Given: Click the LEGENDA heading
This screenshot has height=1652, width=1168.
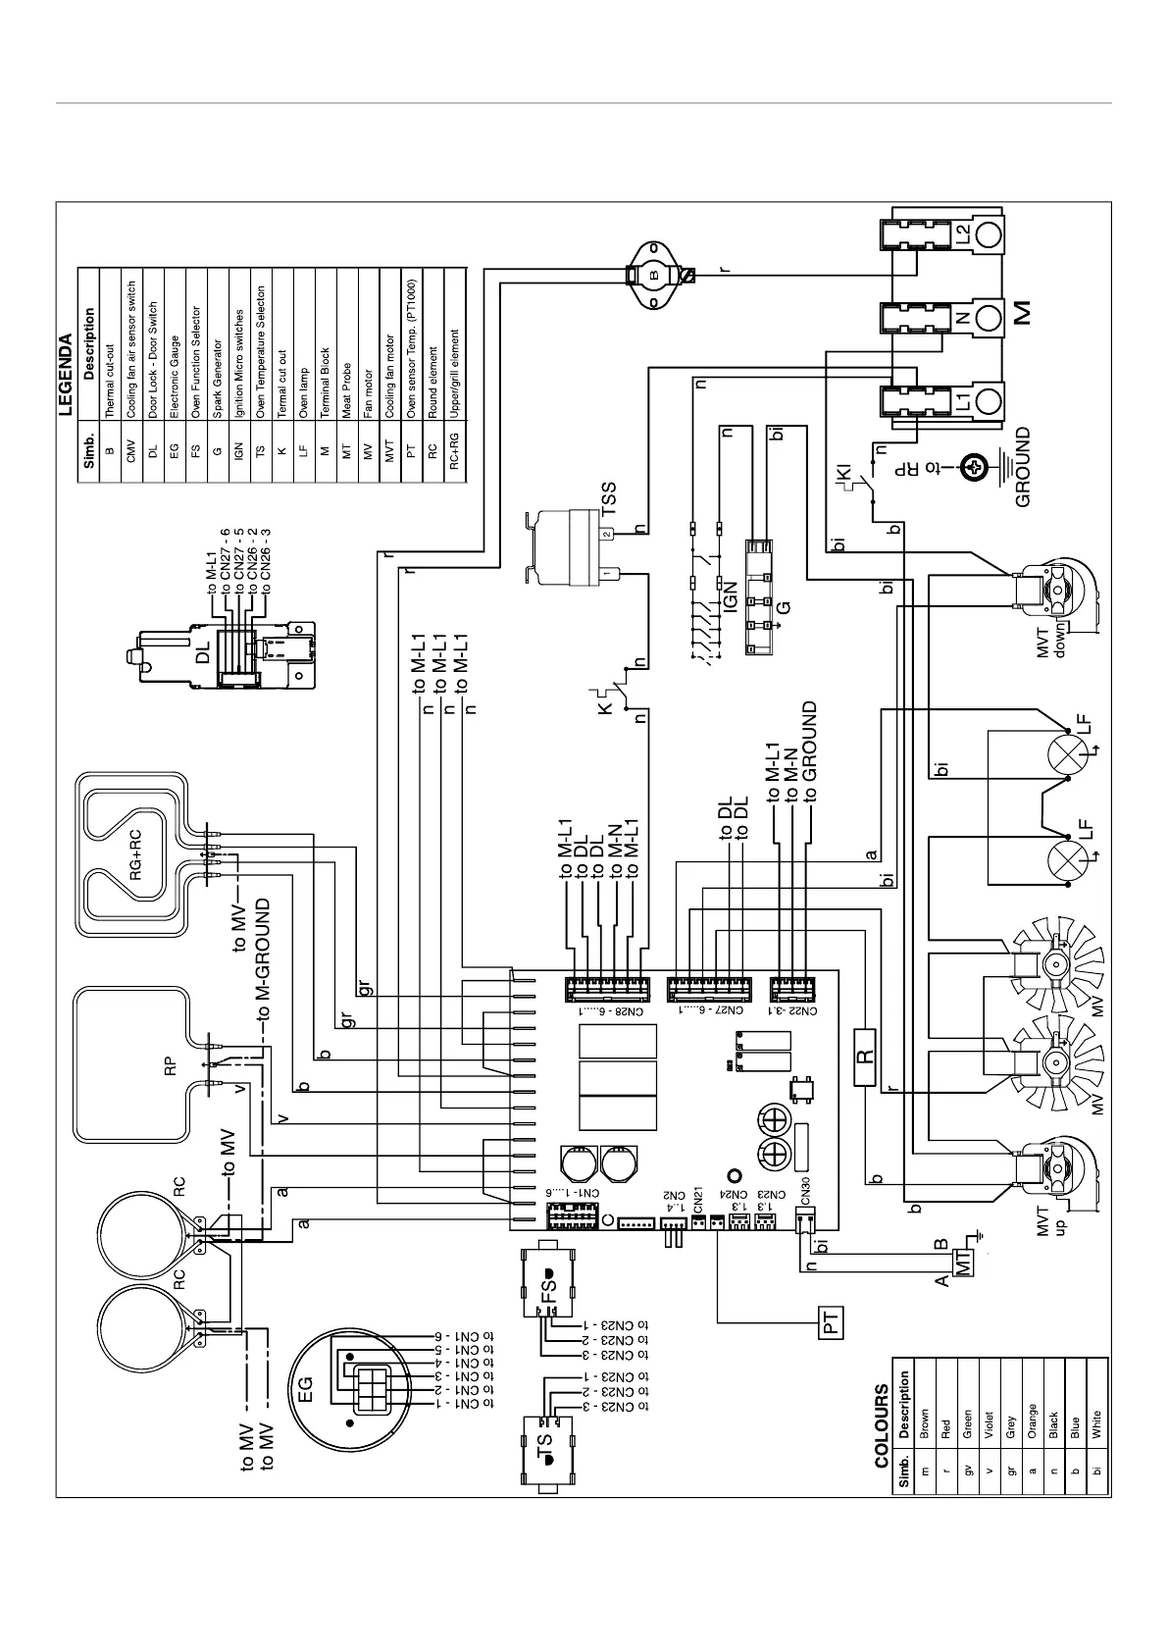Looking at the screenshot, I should [x=66, y=377].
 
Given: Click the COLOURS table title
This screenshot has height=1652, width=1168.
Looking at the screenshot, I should [x=881, y=1425].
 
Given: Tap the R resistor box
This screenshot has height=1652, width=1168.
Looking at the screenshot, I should [x=865, y=1057].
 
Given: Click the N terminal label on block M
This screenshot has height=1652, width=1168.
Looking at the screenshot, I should [x=962, y=317].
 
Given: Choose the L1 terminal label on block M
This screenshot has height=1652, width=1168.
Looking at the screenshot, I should [x=962, y=400].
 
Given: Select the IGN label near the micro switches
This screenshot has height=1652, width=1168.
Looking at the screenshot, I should [x=731, y=598].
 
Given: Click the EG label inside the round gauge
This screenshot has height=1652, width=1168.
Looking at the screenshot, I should [x=305, y=1387].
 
